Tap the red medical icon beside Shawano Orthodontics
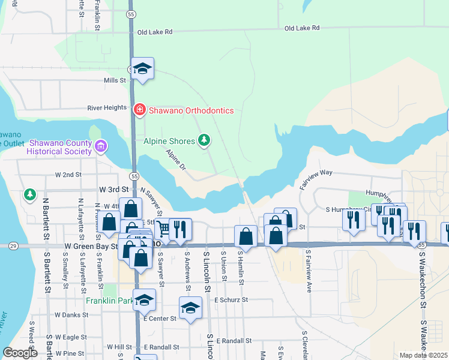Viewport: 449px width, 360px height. [x=139, y=110]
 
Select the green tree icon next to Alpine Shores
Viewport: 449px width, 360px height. [x=205, y=140]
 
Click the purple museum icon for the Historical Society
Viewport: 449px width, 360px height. [x=101, y=146]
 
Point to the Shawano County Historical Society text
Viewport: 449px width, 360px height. [x=59, y=146]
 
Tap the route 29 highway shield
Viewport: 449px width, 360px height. [x=12, y=246]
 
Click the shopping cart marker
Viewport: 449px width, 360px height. [x=163, y=228]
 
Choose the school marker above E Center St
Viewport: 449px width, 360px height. [x=190, y=308]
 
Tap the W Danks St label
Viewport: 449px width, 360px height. [x=71, y=314]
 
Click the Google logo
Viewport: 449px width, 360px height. [x=20, y=353]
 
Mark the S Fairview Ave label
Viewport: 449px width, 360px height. [x=309, y=271]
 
